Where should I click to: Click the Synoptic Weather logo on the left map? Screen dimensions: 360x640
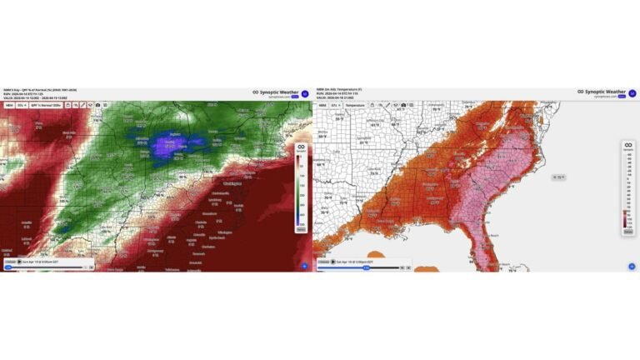click(x=275, y=92)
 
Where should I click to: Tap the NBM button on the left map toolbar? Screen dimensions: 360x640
click(x=8, y=106)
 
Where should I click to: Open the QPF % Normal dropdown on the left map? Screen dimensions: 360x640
click(x=47, y=106)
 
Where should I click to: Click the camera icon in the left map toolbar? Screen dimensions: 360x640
click(x=99, y=106)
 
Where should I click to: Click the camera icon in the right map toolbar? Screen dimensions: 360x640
click(x=403, y=106)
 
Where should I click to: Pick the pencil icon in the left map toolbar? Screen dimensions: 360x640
click(x=83, y=106)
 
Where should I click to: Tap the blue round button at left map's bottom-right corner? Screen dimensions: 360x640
click(x=304, y=266)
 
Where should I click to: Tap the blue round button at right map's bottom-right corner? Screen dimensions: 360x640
click(x=631, y=266)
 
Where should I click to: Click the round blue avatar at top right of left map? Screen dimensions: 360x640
click(x=305, y=93)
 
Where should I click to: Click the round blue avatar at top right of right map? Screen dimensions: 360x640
click(x=632, y=93)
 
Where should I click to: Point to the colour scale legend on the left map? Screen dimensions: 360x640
click(x=302, y=187)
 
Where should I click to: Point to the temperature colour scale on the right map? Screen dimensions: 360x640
click(x=628, y=187)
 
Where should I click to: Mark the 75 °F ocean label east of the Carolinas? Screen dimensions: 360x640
click(x=560, y=177)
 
